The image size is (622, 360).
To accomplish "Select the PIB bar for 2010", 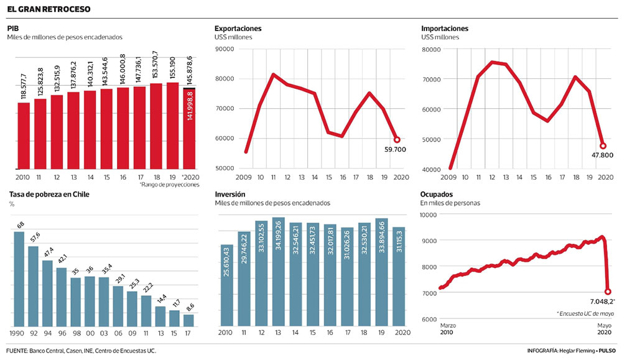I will (24, 136).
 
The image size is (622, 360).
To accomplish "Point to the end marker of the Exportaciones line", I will (397, 139).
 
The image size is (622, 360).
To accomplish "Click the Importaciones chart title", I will (444, 29).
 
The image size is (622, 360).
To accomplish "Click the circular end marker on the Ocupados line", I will (608, 291).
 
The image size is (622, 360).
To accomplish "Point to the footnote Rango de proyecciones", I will (169, 185).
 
